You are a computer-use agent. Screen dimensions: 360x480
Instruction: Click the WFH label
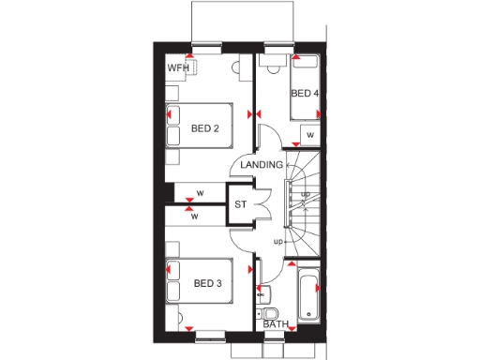(178, 68)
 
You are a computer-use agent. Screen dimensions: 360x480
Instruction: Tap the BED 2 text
(204, 128)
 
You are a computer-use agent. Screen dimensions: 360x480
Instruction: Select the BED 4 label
(304, 94)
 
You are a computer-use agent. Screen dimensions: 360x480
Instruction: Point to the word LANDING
(261, 165)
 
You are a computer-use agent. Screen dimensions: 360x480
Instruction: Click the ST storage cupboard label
(240, 204)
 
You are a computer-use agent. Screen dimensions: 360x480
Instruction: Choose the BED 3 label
(207, 283)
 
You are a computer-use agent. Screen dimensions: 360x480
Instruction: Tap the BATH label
(276, 324)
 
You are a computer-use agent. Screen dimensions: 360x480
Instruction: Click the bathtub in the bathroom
(307, 292)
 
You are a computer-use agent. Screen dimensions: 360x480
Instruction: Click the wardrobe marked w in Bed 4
(308, 136)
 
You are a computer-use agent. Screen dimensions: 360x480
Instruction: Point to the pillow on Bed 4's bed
(306, 67)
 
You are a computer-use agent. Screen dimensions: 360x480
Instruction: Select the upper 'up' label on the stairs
(305, 194)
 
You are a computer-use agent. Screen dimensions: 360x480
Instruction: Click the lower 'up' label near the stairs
(277, 242)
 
